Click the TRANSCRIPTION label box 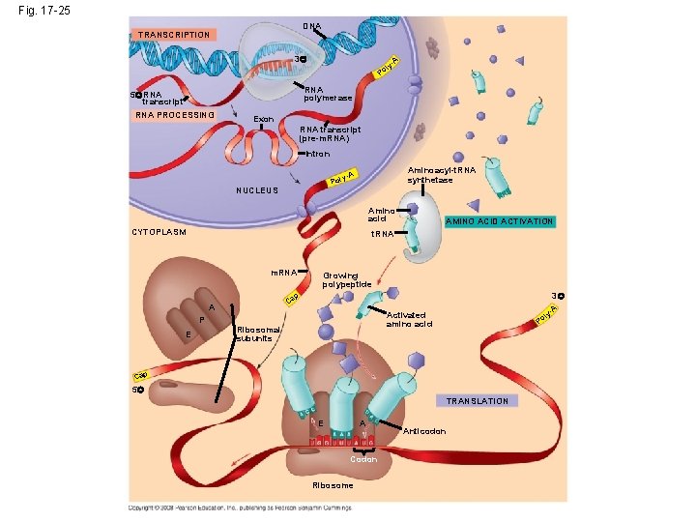tap(174, 35)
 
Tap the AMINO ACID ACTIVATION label tap(499, 221)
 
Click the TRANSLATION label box tap(478, 400)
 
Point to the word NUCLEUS tap(257, 190)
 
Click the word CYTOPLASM tap(159, 232)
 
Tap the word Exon tap(264, 119)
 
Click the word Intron tap(318, 154)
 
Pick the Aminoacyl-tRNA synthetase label tap(430, 175)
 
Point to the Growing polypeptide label tap(347, 279)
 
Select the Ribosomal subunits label tap(258, 333)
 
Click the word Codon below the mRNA tap(363, 459)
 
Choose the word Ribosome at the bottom tap(333, 485)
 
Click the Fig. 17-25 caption tap(37, 12)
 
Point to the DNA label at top tap(311, 25)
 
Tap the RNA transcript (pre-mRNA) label tap(330, 133)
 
